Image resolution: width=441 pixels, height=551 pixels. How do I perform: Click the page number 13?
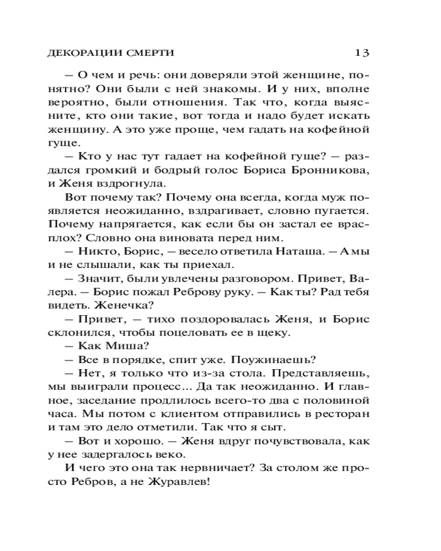click(362, 53)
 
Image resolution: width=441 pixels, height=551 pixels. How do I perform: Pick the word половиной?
click(337, 400)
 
